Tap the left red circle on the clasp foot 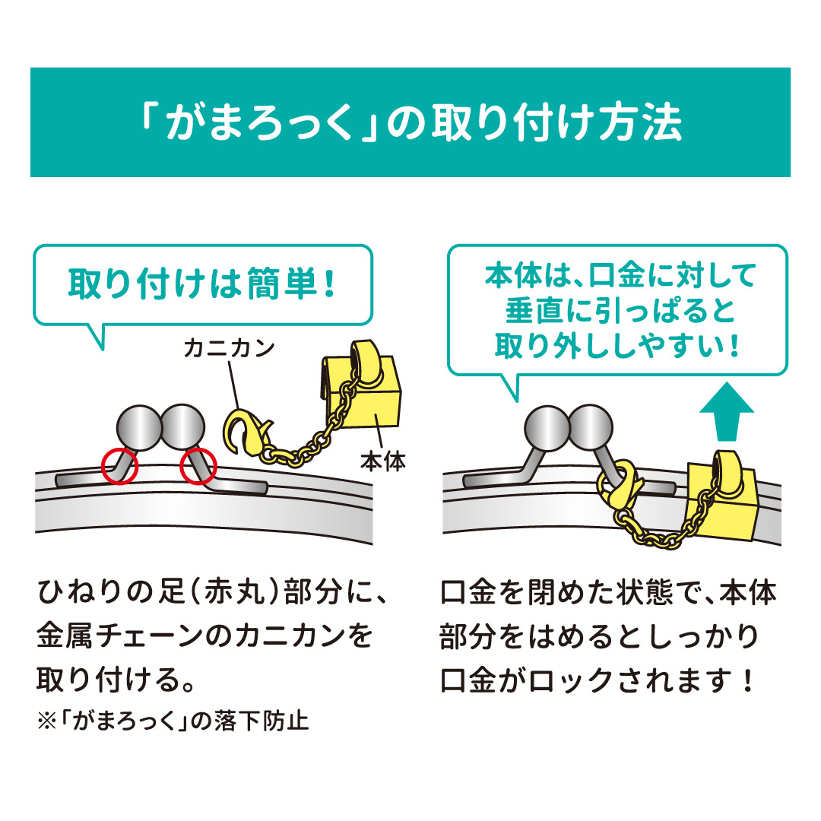(119, 465)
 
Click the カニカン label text (229, 349)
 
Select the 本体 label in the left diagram (382, 461)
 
